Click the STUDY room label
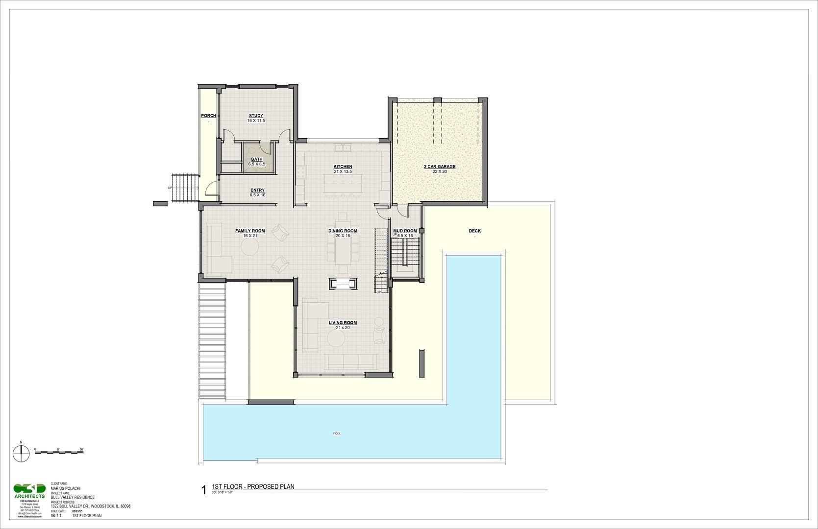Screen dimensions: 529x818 256,116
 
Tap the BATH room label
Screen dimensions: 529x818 256,159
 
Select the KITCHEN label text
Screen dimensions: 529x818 343,167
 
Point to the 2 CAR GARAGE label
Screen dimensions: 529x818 440,167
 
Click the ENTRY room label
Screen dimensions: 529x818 257,190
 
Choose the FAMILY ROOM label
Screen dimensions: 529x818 250,231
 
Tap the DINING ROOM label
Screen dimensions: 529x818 343,231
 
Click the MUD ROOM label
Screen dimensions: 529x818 405,231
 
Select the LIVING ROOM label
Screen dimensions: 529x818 343,323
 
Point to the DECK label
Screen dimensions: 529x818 474,231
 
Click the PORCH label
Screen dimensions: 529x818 208,116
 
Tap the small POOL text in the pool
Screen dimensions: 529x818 337,433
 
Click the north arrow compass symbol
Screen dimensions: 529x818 21,454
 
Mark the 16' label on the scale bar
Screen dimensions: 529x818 81,449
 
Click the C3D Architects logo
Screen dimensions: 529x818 29,490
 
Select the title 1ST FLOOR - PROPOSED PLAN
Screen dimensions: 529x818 253,486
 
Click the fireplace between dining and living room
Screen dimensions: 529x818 343,283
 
